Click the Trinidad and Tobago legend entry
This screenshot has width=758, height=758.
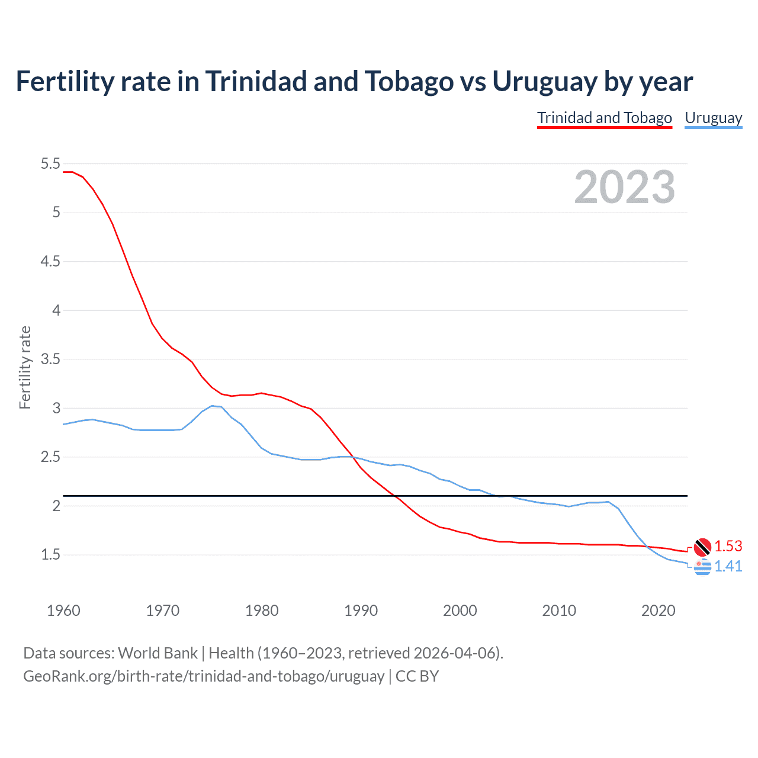click(605, 118)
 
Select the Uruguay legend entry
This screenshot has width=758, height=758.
click(713, 118)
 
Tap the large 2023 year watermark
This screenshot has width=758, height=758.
click(624, 187)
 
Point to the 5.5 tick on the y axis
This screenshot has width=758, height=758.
click(50, 163)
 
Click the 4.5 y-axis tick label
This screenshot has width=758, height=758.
click(50, 261)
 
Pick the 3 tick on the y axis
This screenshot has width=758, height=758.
click(56, 408)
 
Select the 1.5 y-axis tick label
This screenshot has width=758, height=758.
click(50, 555)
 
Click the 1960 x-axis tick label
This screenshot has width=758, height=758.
click(63, 611)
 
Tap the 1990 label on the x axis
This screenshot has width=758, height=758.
click(361, 611)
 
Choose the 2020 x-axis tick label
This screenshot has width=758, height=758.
click(658, 611)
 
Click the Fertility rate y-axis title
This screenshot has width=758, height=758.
click(25, 367)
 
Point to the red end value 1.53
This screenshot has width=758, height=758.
click(728, 546)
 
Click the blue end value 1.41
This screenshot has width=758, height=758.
click(728, 566)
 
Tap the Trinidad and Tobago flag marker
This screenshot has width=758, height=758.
click(702, 547)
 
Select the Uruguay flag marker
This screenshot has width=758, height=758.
click(702, 567)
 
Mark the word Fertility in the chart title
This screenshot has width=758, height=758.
click(63, 81)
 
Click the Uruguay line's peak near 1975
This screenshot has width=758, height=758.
click(212, 406)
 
